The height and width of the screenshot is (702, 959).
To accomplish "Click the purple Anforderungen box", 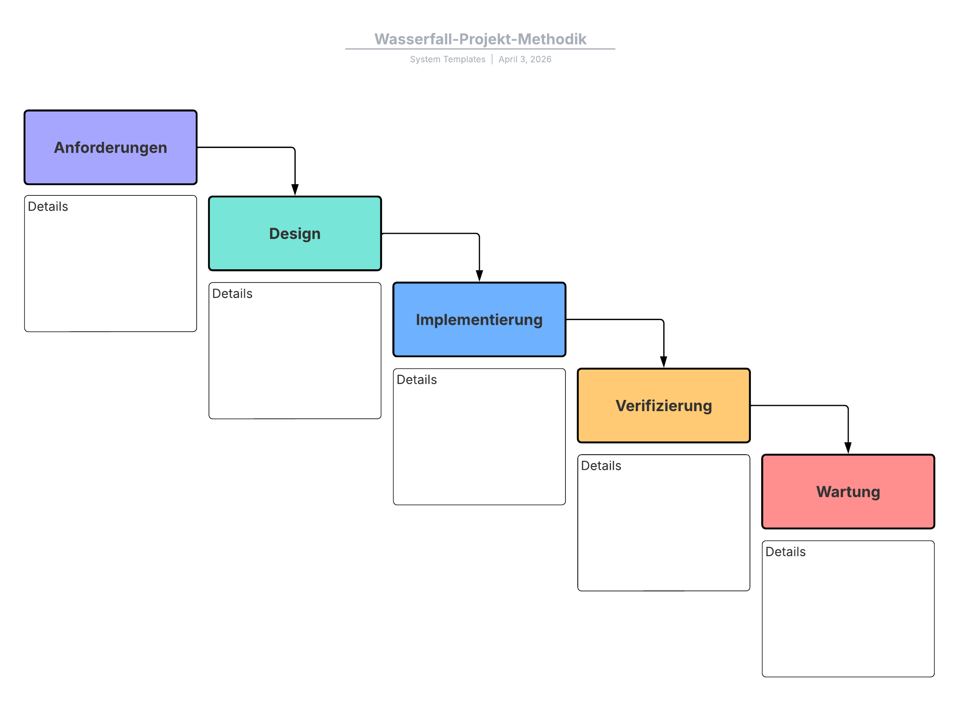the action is click(110, 147).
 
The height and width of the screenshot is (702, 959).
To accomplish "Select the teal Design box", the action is click(295, 233).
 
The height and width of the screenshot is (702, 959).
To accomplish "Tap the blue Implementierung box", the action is click(479, 320).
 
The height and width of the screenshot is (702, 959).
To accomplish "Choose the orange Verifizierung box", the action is click(664, 406).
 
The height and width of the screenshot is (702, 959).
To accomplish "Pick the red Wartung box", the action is click(848, 492).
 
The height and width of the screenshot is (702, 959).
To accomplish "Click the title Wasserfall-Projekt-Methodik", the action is click(480, 39).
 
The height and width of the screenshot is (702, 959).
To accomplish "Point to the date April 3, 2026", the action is click(525, 59).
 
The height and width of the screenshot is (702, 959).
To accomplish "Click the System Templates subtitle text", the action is click(448, 59).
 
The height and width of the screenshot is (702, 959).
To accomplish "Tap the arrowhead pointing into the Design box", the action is click(295, 190).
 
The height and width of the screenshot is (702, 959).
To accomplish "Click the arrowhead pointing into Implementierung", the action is click(479, 276).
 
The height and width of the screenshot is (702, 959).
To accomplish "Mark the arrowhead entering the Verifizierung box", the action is click(664, 362).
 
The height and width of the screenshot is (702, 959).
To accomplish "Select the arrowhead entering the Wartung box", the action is click(848, 448).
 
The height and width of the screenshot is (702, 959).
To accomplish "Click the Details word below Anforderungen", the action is click(48, 207).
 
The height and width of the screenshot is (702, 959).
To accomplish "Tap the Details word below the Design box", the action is click(233, 294).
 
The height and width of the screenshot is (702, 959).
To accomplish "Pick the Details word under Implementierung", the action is click(417, 380).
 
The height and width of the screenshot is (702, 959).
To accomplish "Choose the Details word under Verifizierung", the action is click(601, 466).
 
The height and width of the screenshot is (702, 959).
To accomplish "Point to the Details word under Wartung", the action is click(786, 551).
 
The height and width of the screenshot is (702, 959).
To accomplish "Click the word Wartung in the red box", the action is click(848, 492).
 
